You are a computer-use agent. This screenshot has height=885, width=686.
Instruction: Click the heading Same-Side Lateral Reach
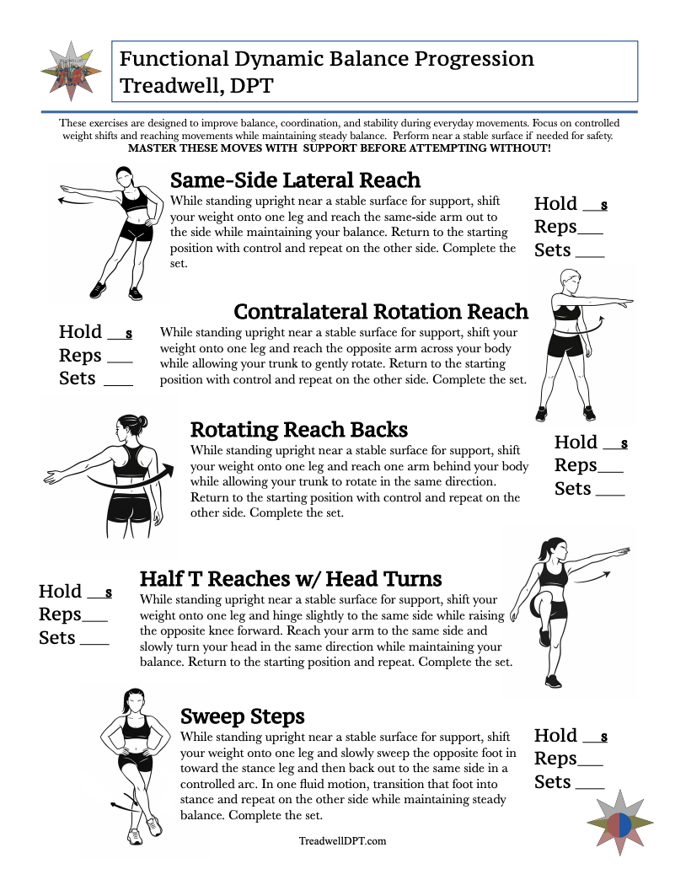click(295, 180)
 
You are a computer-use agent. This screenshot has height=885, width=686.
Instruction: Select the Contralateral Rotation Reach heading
click(381, 312)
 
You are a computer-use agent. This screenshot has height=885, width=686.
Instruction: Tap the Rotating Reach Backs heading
click(299, 430)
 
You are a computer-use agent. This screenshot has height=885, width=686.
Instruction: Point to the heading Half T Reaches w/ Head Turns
click(291, 579)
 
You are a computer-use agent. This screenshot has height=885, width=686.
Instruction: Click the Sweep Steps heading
click(243, 716)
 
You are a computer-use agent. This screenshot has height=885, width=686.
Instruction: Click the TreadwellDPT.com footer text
click(343, 840)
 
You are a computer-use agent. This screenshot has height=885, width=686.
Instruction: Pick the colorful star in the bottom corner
click(619, 823)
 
